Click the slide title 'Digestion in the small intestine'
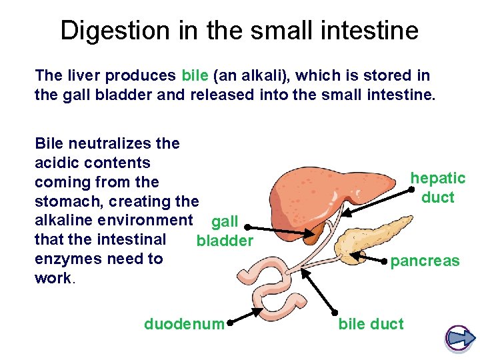[x=239, y=31]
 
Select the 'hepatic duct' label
[x=437, y=187]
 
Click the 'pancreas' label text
[x=425, y=261]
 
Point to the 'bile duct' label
[x=371, y=324]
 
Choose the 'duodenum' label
[x=184, y=324]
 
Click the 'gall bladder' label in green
[x=225, y=231]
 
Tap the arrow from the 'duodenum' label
[x=246, y=317]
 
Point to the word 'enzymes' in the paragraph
[x=65, y=259]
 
